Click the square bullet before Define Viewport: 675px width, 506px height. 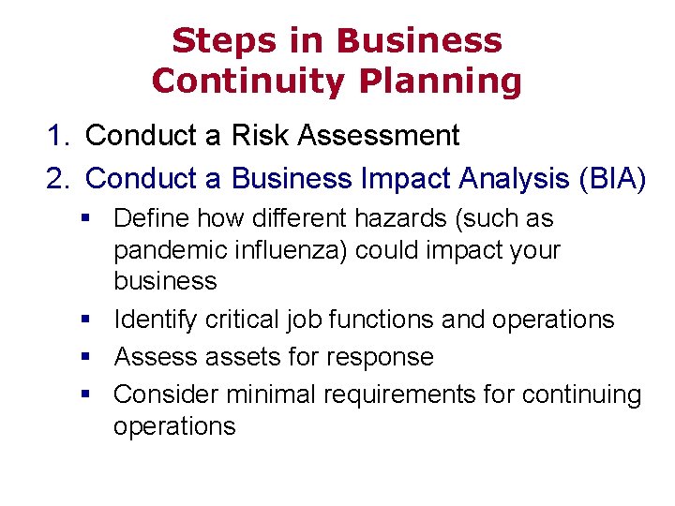[x=85, y=219]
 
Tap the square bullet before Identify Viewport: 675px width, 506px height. [x=85, y=320]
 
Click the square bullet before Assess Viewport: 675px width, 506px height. [x=85, y=357]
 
